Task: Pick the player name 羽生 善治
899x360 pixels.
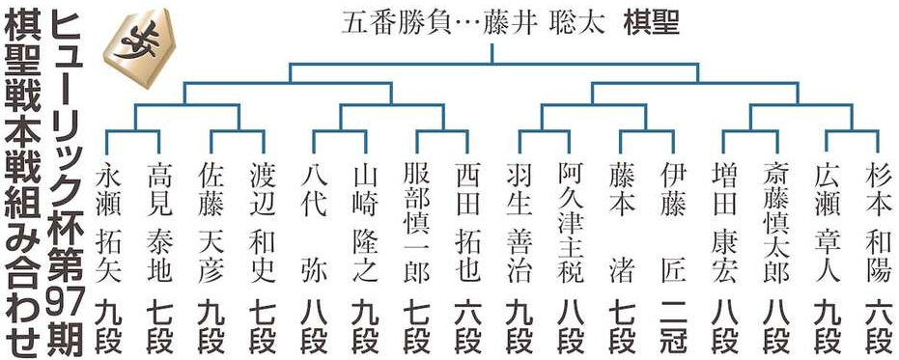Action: [519, 222]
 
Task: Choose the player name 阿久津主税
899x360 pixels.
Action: [570, 222]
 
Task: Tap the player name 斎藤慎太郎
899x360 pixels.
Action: [774, 222]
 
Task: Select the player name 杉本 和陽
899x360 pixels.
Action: [877, 222]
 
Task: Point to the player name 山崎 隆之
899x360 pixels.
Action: [366, 222]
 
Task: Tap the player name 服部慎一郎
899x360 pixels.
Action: [417, 222]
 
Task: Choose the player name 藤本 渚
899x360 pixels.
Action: [621, 222]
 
